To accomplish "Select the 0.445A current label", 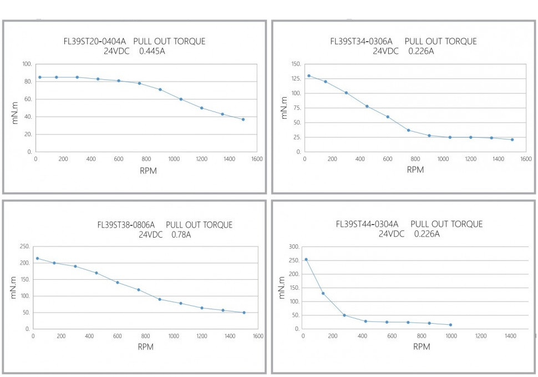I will (152, 52).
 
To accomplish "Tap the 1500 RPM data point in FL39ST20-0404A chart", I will (243, 119).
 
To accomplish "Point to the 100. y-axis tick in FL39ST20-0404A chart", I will (26, 64).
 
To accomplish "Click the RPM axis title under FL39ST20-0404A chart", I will (148, 170).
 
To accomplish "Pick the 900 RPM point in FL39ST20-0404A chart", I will (160, 89).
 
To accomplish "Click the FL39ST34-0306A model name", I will (361, 42).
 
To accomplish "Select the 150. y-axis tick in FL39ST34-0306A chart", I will (295, 64).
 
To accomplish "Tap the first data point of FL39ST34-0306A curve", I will (309, 76).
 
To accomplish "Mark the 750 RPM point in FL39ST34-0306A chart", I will (409, 130).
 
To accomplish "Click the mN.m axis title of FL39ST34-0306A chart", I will (284, 108).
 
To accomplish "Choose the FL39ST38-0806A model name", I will (126, 225).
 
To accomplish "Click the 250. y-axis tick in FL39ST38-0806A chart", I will (24, 247).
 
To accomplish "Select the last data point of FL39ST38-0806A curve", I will (244, 313).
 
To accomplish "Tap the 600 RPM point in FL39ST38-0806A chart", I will (118, 283).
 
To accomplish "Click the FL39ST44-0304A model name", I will (367, 225).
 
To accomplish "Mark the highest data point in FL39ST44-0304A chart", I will (306, 259).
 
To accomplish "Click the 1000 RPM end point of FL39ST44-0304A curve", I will (450, 325).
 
